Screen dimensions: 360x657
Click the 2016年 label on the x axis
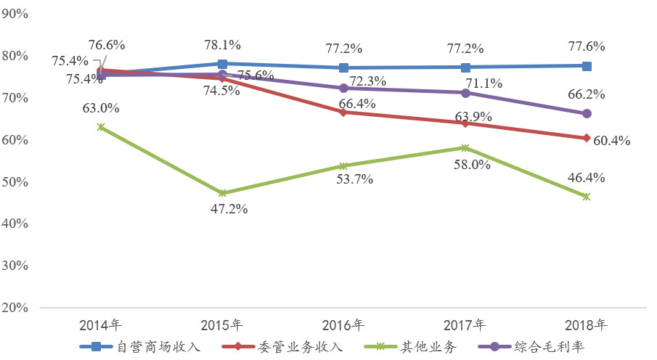(x=343, y=324)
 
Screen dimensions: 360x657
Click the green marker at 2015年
(x=222, y=193)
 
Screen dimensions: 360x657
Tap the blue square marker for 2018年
(x=587, y=66)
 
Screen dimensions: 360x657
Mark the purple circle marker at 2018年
(x=587, y=113)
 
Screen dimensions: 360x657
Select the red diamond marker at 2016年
(x=343, y=112)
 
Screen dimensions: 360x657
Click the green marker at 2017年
(x=465, y=148)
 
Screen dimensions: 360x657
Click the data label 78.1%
(x=223, y=45)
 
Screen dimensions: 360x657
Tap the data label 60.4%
(x=612, y=141)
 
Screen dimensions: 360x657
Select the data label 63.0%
(x=102, y=108)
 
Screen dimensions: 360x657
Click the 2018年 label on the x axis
(x=587, y=324)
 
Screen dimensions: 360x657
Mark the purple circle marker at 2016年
(x=343, y=88)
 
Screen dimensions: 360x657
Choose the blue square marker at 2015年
(x=222, y=65)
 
